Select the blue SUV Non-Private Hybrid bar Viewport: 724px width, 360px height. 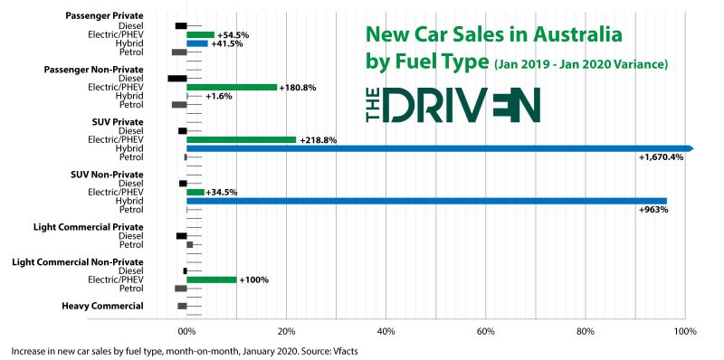coord(426,201)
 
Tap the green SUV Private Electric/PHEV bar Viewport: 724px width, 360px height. coord(241,140)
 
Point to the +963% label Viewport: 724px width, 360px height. coord(652,210)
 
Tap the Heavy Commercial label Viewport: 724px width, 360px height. coord(102,306)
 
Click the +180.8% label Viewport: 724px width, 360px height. coord(301,88)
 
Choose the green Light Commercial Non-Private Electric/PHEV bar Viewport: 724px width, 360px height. coord(211,279)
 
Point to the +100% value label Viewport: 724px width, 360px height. coord(253,279)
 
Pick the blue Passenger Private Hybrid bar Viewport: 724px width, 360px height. coord(197,43)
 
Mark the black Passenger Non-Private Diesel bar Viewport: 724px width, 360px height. coord(177,79)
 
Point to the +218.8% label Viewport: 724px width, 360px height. coord(318,140)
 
